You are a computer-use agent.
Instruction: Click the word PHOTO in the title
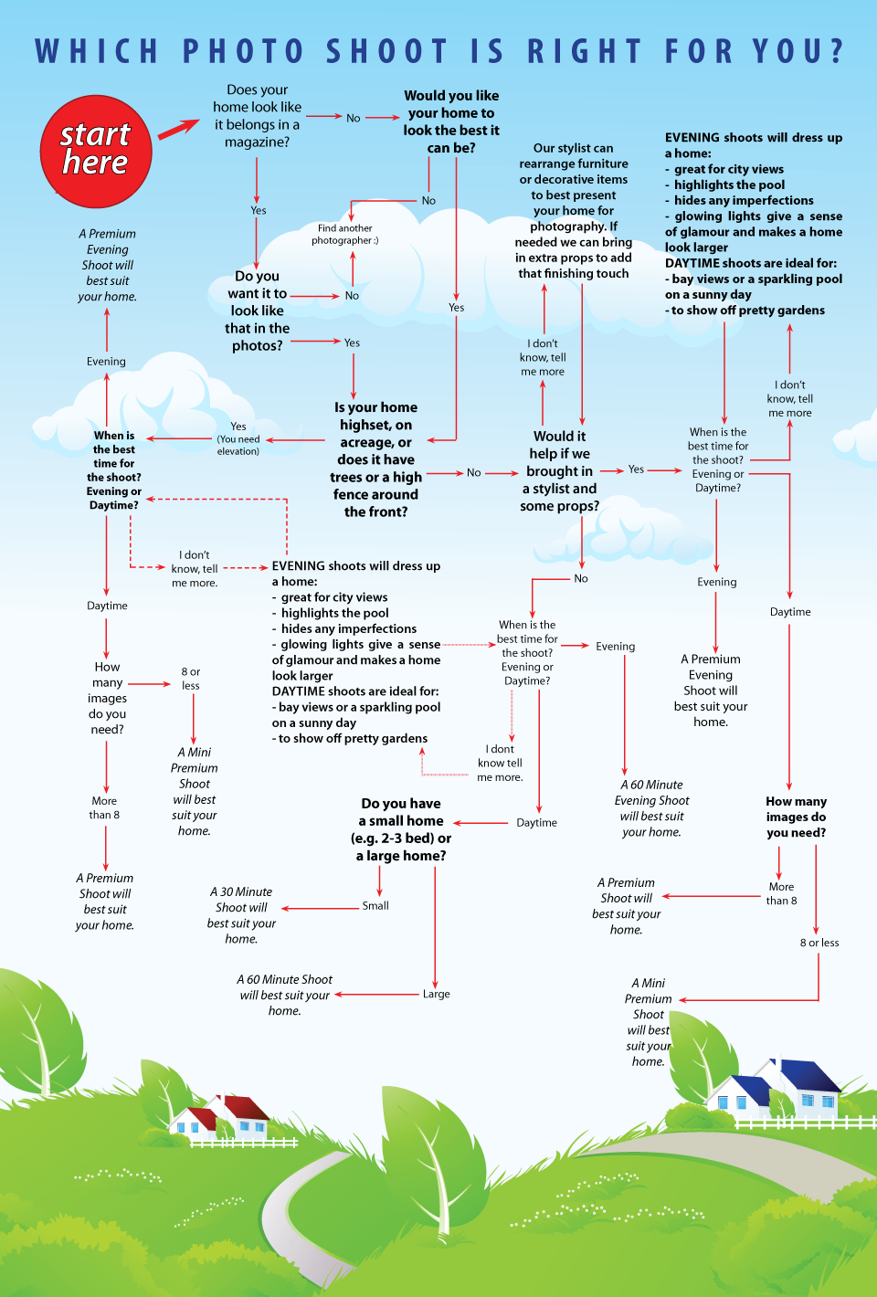coord(243,51)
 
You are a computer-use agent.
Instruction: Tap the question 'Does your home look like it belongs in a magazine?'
coord(257,116)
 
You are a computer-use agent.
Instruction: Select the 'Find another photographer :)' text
coord(344,235)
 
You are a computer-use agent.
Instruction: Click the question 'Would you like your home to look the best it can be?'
coord(451,121)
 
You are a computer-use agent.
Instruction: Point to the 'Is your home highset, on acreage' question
coord(376,459)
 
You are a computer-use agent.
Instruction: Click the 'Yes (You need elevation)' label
coord(238,438)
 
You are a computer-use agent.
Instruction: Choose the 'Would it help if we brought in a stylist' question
coord(560,471)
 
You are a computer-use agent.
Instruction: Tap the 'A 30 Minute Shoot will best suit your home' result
coord(241,915)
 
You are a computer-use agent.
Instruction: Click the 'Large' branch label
coord(436,994)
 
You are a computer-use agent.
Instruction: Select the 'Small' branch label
coord(375,906)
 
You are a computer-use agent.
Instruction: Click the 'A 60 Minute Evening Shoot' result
coord(652,808)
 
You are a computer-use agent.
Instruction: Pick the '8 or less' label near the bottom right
coord(819,943)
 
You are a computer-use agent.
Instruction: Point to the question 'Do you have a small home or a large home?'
coord(401,829)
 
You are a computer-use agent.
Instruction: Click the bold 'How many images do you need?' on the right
coord(796,817)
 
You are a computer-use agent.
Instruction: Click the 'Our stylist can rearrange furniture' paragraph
coord(574,210)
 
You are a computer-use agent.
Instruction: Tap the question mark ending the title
coord(836,51)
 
